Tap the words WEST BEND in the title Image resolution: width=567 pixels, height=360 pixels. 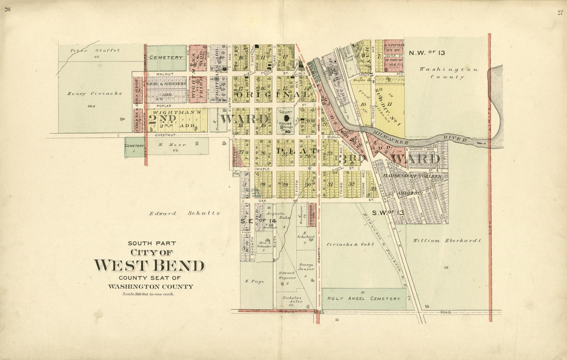coord(149,266)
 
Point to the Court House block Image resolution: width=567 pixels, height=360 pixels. coord(286,121)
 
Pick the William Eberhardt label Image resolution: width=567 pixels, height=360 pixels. coord(447,240)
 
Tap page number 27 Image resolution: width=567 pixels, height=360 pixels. coord(560,12)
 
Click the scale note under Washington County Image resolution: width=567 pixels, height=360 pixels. coord(148,294)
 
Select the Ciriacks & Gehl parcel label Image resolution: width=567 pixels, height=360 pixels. coord(349,244)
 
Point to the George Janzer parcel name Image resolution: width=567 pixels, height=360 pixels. coord(306,266)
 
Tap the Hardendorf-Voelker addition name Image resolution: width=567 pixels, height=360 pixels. coord(412,176)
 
